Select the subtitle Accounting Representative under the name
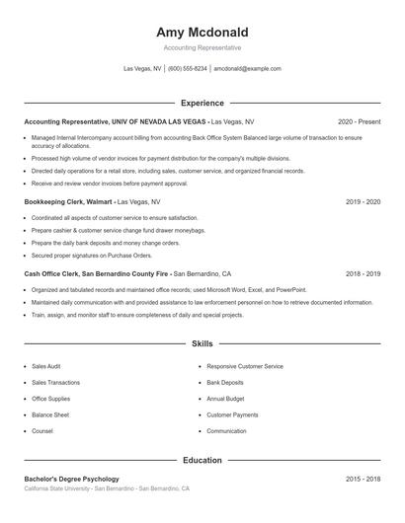(x=202, y=47)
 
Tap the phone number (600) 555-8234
(x=188, y=69)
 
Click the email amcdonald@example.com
(x=247, y=69)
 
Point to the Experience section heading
(x=202, y=103)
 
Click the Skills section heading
(x=202, y=344)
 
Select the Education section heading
(x=202, y=460)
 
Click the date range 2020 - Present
(x=359, y=121)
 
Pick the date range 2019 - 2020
(x=363, y=201)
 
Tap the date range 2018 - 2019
(x=363, y=273)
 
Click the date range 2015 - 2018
(x=363, y=479)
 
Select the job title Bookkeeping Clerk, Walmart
(x=68, y=201)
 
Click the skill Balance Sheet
(x=50, y=415)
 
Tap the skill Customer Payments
(x=232, y=415)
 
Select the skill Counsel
(x=42, y=431)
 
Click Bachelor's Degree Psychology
(x=71, y=479)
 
